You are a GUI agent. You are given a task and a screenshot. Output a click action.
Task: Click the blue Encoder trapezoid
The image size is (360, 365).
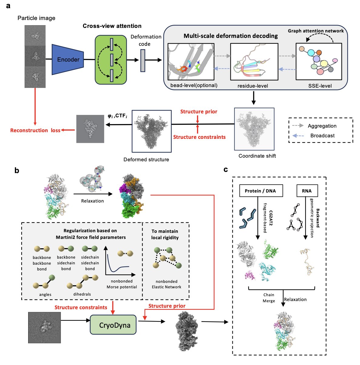[68, 59]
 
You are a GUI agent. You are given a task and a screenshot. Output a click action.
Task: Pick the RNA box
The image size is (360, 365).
[306, 191]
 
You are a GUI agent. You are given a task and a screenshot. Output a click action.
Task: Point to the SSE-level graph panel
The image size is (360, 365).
[318, 62]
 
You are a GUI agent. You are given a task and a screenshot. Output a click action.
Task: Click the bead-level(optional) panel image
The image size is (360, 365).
[191, 62]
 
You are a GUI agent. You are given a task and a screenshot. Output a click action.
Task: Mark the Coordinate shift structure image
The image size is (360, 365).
[254, 129]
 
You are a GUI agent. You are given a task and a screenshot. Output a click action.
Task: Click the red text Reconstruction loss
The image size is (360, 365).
[35, 130]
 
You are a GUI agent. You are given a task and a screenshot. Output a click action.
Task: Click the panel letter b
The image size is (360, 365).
[17, 171]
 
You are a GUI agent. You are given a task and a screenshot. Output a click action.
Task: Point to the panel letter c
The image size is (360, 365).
[225, 169]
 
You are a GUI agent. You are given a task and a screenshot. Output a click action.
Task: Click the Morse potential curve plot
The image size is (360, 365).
[120, 261]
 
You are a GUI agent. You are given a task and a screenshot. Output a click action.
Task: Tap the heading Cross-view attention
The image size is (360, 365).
[112, 26]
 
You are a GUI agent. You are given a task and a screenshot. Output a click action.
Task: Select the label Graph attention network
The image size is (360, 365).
[316, 31]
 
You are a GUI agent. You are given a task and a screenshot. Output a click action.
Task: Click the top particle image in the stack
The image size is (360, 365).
[35, 35]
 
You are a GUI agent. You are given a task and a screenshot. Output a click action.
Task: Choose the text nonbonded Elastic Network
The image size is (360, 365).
[166, 284]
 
